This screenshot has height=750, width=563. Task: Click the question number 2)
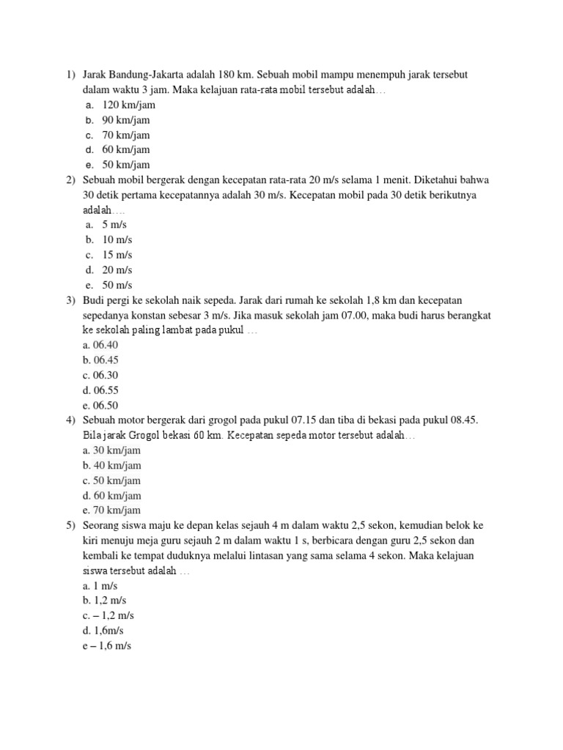70,180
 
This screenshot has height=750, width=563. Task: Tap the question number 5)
70,526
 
